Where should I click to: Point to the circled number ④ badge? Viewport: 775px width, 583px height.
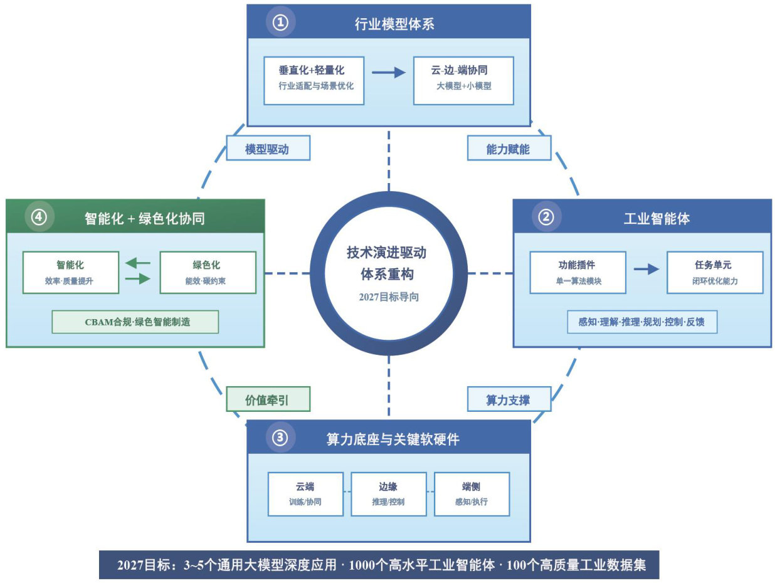point(40,217)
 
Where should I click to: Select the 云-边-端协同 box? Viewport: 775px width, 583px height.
point(463,80)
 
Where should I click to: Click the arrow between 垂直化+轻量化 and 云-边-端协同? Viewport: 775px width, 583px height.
point(389,73)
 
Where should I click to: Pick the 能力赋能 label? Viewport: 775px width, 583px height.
point(509,149)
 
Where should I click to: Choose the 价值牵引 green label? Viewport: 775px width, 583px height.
point(268,399)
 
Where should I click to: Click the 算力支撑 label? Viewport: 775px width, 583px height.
point(509,399)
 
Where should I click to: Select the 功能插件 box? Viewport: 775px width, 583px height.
point(577,272)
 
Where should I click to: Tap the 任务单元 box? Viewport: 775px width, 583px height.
point(714,272)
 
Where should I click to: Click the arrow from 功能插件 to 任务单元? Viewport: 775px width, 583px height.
point(646,269)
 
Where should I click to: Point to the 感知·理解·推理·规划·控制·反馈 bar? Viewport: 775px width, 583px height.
point(641,322)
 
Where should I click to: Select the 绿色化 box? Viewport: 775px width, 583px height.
point(208,272)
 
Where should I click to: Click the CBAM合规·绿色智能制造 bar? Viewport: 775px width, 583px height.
point(135,322)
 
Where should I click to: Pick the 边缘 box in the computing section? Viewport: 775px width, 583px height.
point(388,493)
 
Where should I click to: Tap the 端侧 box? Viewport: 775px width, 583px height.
point(472,493)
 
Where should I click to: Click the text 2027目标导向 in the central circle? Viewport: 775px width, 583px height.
point(389,297)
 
